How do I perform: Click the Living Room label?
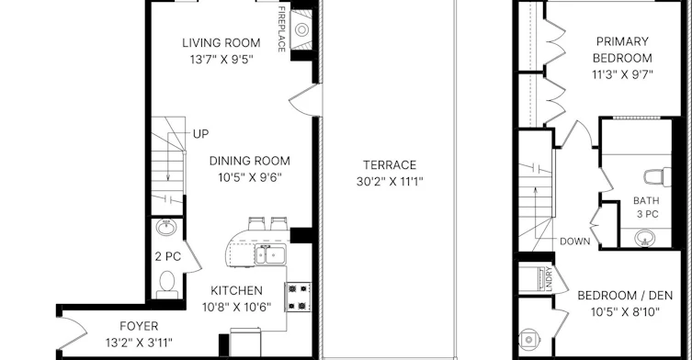tap(221, 43)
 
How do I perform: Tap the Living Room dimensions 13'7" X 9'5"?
tap(221, 59)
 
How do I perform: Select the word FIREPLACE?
tap(281, 29)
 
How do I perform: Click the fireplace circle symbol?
tap(301, 29)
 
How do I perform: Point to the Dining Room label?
tap(250, 161)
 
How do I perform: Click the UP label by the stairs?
tap(201, 134)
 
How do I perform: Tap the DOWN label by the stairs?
tap(574, 242)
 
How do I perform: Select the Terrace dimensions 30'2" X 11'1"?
tap(390, 181)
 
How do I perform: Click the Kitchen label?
tap(236, 290)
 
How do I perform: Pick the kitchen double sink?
tap(270, 254)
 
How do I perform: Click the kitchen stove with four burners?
tap(298, 297)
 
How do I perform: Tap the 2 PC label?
tap(167, 256)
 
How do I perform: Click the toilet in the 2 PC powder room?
tap(167, 285)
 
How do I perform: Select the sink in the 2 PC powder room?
tap(166, 227)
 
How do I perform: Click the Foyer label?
tap(139, 326)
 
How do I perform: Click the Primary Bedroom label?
tap(622, 50)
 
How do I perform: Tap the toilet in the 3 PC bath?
tap(657, 177)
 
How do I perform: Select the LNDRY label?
tap(549, 279)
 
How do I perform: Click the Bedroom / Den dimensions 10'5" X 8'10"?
tap(625, 312)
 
